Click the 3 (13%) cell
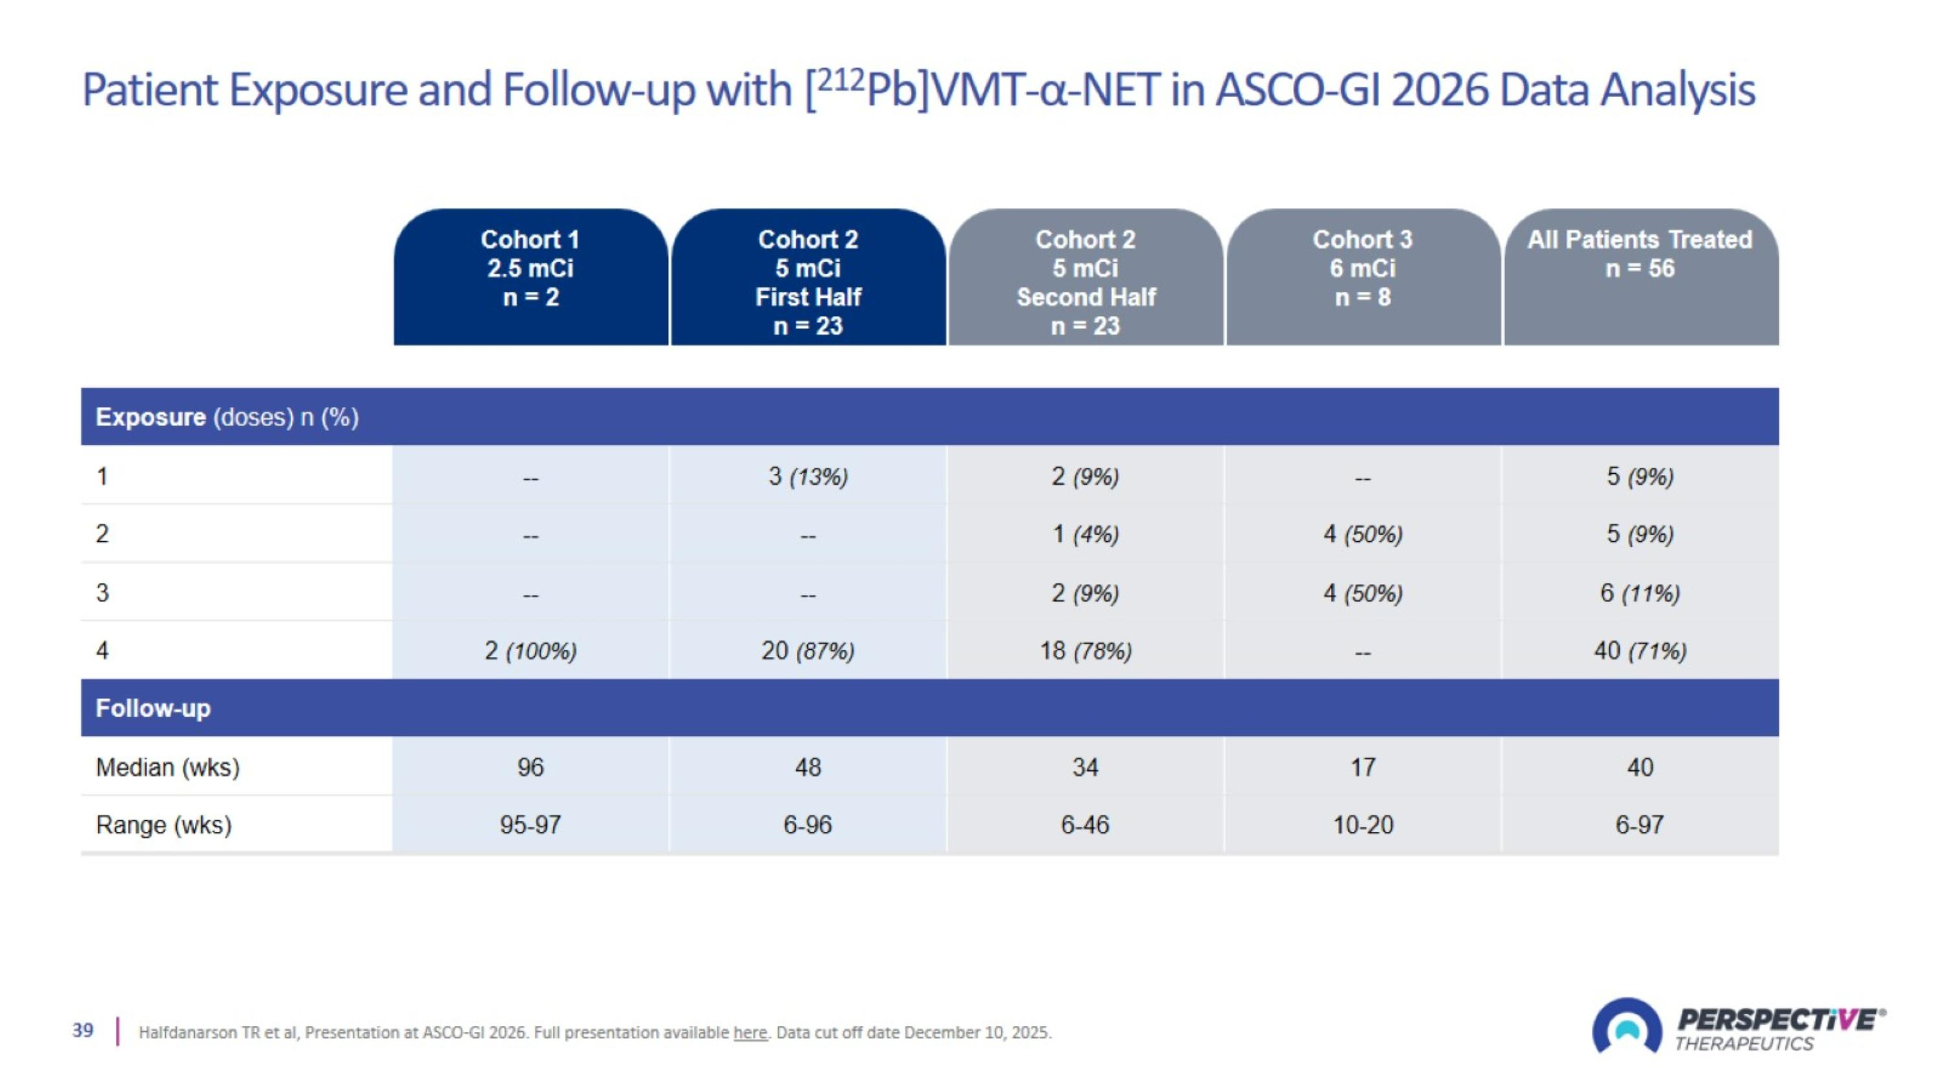(807, 476)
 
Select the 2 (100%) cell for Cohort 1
(530, 651)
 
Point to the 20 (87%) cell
(807, 651)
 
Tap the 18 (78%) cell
(1085, 651)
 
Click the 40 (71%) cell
(1640, 651)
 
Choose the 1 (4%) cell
(1085, 534)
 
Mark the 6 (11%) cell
(1640, 593)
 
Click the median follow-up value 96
(530, 767)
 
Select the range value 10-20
(1362, 825)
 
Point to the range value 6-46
(1085, 825)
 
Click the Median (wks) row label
(168, 767)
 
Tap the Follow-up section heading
(153, 708)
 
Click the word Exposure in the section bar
(150, 417)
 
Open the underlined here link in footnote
(750, 1032)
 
